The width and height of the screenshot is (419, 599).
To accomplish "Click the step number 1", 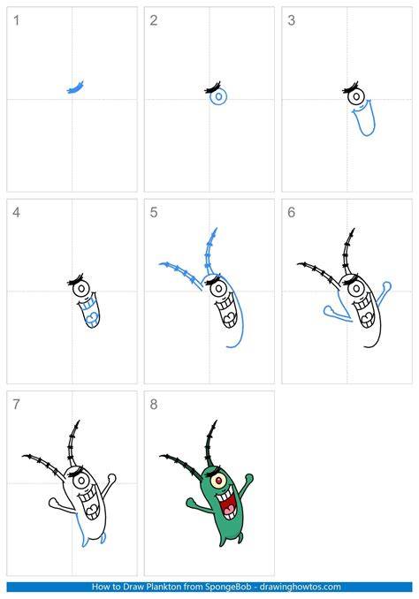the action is click(x=16, y=20).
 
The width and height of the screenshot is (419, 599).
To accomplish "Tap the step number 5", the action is click(x=154, y=212).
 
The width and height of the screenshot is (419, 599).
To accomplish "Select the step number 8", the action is click(x=154, y=404).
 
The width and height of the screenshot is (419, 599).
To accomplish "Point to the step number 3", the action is click(x=292, y=20).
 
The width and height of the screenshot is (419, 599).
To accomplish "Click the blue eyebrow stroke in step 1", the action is click(x=75, y=87).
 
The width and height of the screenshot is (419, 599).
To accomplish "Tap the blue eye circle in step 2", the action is click(x=218, y=97).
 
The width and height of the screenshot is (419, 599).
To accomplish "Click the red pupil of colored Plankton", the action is click(x=218, y=481).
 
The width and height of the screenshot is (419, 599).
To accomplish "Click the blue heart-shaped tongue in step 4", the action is click(x=92, y=317).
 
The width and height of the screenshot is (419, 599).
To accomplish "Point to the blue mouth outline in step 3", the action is click(x=363, y=118).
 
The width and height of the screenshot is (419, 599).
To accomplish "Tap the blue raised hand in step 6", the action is click(x=384, y=293).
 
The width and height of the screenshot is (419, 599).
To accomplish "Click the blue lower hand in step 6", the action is click(x=338, y=314).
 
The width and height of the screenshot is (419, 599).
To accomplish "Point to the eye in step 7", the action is click(x=81, y=481).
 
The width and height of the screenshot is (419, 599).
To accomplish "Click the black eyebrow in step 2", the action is click(x=213, y=87).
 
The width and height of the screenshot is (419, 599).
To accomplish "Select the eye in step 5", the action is click(x=218, y=289).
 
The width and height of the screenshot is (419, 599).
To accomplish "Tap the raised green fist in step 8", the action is click(x=249, y=478).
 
